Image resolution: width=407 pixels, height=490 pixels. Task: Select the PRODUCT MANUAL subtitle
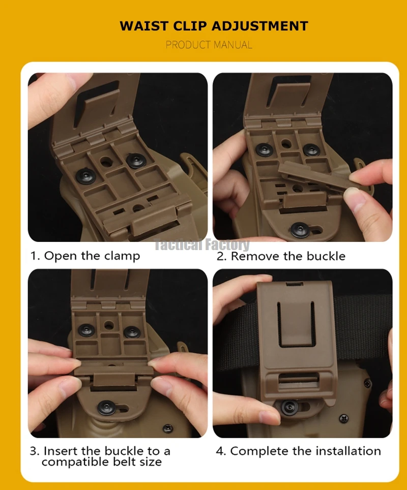[x=209, y=45]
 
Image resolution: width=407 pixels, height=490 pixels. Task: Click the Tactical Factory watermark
[x=202, y=244]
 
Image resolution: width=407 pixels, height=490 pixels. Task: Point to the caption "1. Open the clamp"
[x=85, y=256]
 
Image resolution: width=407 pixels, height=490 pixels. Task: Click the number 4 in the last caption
[x=220, y=451]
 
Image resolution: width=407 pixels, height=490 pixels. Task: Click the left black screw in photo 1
[x=85, y=176]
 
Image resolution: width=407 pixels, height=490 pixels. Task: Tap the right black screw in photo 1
[x=136, y=160]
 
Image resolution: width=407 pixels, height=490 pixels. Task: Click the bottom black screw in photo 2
[x=300, y=230]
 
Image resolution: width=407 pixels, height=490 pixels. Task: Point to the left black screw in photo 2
[x=265, y=149]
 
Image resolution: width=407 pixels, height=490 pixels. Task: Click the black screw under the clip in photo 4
[x=289, y=407]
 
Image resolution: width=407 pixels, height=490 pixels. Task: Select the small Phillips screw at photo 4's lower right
[x=344, y=417]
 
